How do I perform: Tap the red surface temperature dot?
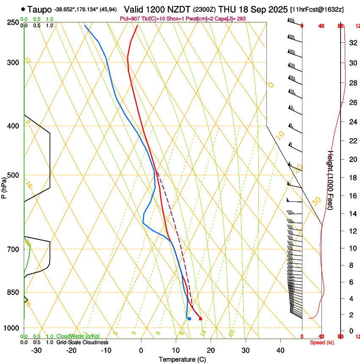click(x=200, y=319)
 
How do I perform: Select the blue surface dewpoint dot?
click(x=189, y=319)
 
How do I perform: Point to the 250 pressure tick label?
click(x=14, y=22)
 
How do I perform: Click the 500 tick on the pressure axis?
click(x=14, y=175)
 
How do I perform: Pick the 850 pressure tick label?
click(x=14, y=292)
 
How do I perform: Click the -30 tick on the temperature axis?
click(x=36, y=350)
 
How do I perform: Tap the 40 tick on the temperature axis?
click(x=280, y=350)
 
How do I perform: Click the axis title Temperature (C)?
click(x=182, y=360)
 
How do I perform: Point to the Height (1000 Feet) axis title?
click(x=331, y=184)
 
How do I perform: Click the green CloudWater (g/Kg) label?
click(x=78, y=336)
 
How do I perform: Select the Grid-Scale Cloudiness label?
click(x=82, y=342)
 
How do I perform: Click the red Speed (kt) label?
click(x=322, y=342)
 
